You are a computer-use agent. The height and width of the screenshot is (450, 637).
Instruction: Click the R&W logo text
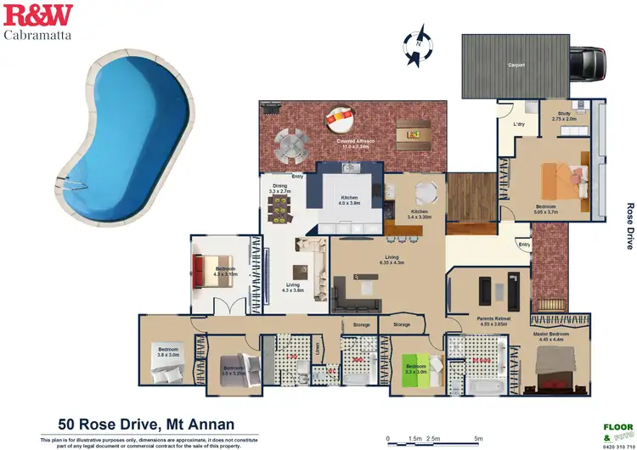click(39, 14)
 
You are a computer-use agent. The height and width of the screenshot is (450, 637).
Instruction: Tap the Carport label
click(516, 65)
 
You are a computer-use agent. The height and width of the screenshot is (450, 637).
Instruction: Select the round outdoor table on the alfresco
click(290, 144)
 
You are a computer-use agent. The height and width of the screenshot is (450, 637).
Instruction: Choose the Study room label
click(564, 116)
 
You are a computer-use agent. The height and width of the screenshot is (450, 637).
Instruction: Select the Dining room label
click(279, 189)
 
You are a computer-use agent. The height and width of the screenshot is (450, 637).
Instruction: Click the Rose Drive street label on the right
click(629, 225)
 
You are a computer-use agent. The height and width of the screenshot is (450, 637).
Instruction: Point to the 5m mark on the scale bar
click(477, 438)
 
